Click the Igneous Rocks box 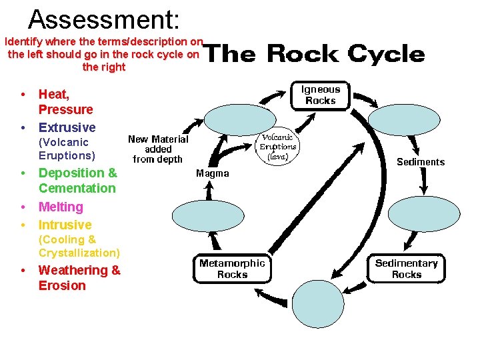click(321, 95)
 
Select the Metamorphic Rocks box click(232, 269)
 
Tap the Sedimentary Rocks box click(407, 269)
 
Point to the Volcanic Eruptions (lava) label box click(277, 147)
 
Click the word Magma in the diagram click(213, 173)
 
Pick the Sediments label click(421, 162)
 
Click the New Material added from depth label click(158, 149)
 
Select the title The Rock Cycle click(313, 54)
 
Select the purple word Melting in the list click(61, 207)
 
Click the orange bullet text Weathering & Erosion click(79, 278)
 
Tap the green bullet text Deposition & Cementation click(77, 181)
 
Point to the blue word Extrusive click(67, 127)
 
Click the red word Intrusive click(65, 225)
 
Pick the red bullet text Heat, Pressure click(65, 102)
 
